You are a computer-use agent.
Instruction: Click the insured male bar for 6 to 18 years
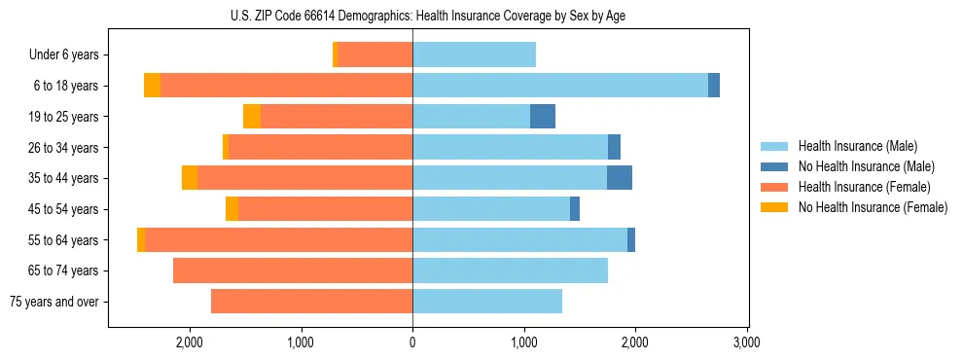click(x=560, y=86)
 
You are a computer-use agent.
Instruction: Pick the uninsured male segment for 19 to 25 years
click(x=543, y=117)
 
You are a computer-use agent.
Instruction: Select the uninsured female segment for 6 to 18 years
click(x=153, y=86)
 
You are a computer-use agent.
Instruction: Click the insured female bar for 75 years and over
click(x=311, y=302)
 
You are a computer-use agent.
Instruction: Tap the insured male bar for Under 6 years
click(x=474, y=55)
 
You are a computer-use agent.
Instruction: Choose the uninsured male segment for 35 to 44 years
click(x=620, y=178)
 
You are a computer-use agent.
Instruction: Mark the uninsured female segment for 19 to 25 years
click(x=252, y=117)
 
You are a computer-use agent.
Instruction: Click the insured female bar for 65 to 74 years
click(x=293, y=270)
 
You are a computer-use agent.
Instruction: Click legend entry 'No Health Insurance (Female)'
click(x=873, y=207)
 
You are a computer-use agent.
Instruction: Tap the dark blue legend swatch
click(x=775, y=167)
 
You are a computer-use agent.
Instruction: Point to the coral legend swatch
click(x=775, y=187)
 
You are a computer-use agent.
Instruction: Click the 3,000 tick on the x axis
click(x=746, y=343)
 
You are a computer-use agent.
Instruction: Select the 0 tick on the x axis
click(x=412, y=343)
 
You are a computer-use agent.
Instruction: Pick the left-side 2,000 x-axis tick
click(x=189, y=343)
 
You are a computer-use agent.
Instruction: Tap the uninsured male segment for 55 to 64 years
click(x=631, y=240)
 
